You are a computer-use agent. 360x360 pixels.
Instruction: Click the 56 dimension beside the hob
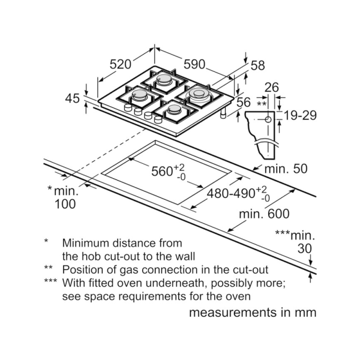click(x=242, y=103)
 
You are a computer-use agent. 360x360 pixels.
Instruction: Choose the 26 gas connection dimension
click(x=271, y=88)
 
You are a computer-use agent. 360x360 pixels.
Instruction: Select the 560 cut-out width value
click(x=162, y=172)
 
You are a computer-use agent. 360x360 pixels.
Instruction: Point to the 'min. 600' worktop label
click(x=264, y=214)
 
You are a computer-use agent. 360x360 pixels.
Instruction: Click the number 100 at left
click(x=65, y=205)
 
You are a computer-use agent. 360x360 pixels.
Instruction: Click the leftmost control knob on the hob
click(x=127, y=108)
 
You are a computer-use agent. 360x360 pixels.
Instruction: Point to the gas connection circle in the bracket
click(x=268, y=118)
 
